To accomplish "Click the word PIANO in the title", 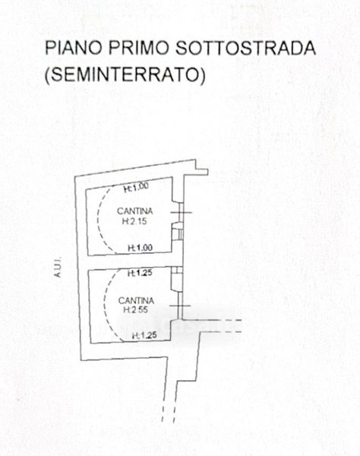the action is coord(73,48).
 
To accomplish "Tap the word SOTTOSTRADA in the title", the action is coord(246,48).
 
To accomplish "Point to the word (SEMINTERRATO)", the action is coord(125,74).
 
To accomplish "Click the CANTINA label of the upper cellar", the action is coord(135,211).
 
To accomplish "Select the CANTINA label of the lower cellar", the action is coord(136,300).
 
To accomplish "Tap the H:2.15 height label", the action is coord(134,222).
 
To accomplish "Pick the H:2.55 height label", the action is coord(136,310).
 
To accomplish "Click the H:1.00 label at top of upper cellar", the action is coord(136,187).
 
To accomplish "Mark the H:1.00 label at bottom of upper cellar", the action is coord(141,248).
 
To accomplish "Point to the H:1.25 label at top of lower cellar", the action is coord(140,273).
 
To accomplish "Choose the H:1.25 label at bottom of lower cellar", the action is coord(145,336).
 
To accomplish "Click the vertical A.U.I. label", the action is coord(58,267).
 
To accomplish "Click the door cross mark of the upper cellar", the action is coord(181,213).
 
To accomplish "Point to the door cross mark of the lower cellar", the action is coord(180,306).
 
